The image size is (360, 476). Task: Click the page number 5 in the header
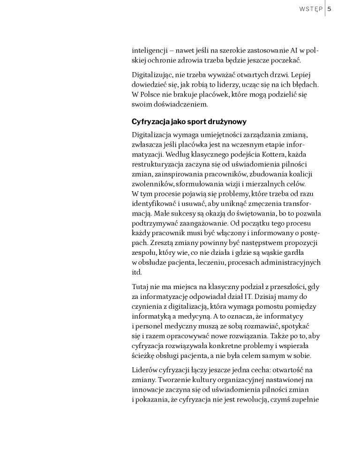[330, 8]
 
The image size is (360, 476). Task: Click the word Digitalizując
[152, 74]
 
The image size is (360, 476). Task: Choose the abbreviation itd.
[136, 272]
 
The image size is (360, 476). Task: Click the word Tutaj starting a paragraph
[141, 286]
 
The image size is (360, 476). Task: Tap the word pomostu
[273, 306]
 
